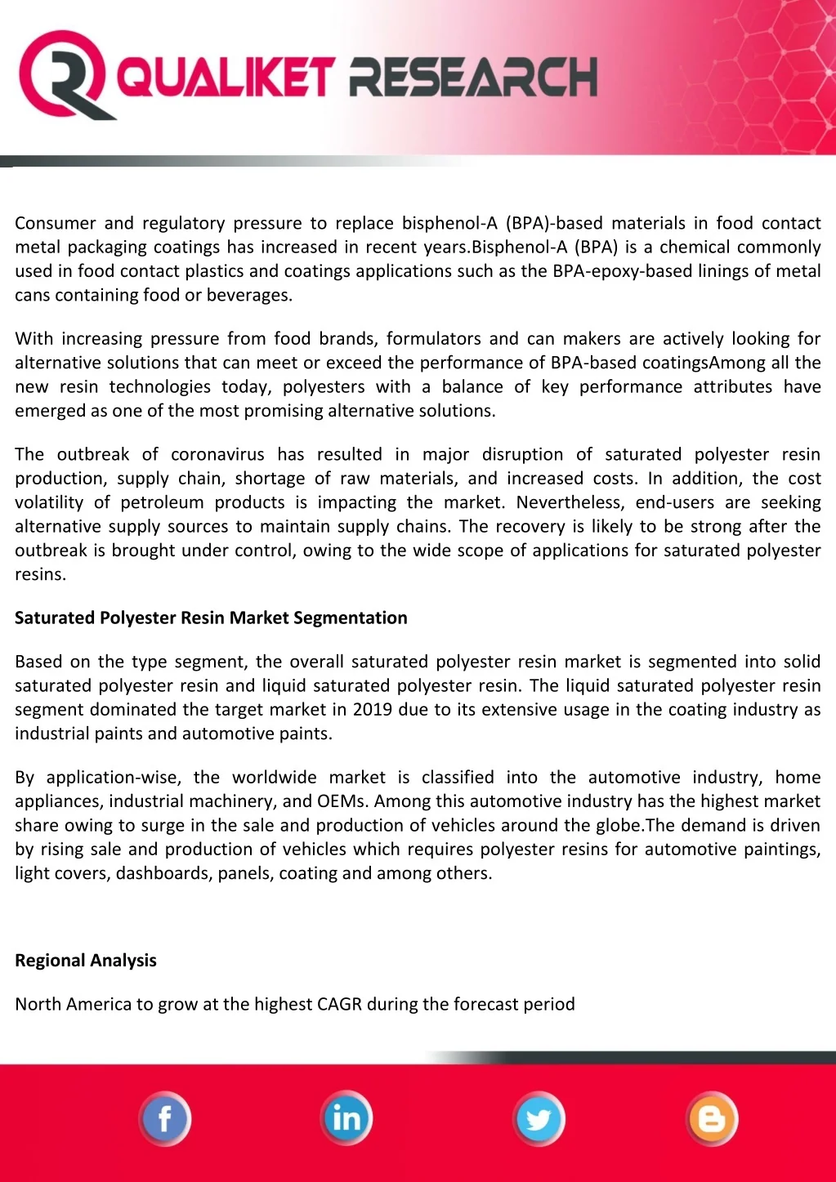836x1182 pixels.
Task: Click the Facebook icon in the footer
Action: [x=165, y=1118]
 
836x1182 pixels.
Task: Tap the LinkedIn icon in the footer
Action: [x=346, y=1118]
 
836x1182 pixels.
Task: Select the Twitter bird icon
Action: [x=539, y=1118]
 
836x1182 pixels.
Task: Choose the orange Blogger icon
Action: [x=712, y=1118]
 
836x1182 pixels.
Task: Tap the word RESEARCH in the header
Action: [x=473, y=78]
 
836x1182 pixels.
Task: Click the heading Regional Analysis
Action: [x=86, y=961]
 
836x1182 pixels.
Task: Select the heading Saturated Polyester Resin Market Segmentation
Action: [x=211, y=618]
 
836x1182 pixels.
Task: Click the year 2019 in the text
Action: [x=373, y=710]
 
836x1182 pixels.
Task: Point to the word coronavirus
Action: [x=218, y=455]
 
